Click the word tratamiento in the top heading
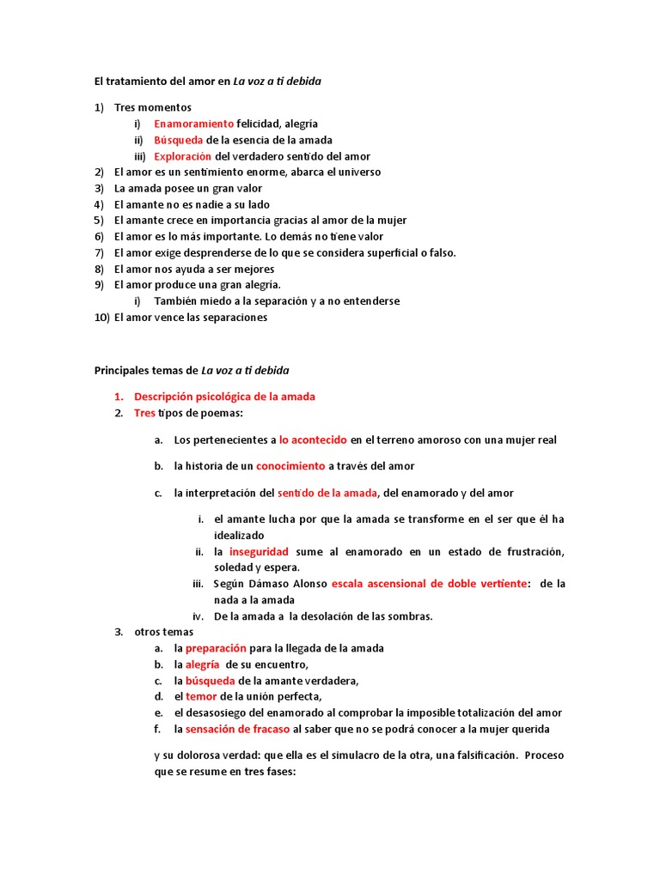139,82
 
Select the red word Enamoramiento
193,124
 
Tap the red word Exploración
182,156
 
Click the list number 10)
101,317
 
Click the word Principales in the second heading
121,371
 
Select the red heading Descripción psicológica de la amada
224,397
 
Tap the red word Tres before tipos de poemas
144,413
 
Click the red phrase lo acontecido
313,439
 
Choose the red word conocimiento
290,466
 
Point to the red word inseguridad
259,551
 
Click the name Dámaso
274,584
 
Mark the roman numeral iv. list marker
198,615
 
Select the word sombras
410,615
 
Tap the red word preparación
216,648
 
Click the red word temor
202,696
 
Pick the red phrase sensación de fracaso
237,729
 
